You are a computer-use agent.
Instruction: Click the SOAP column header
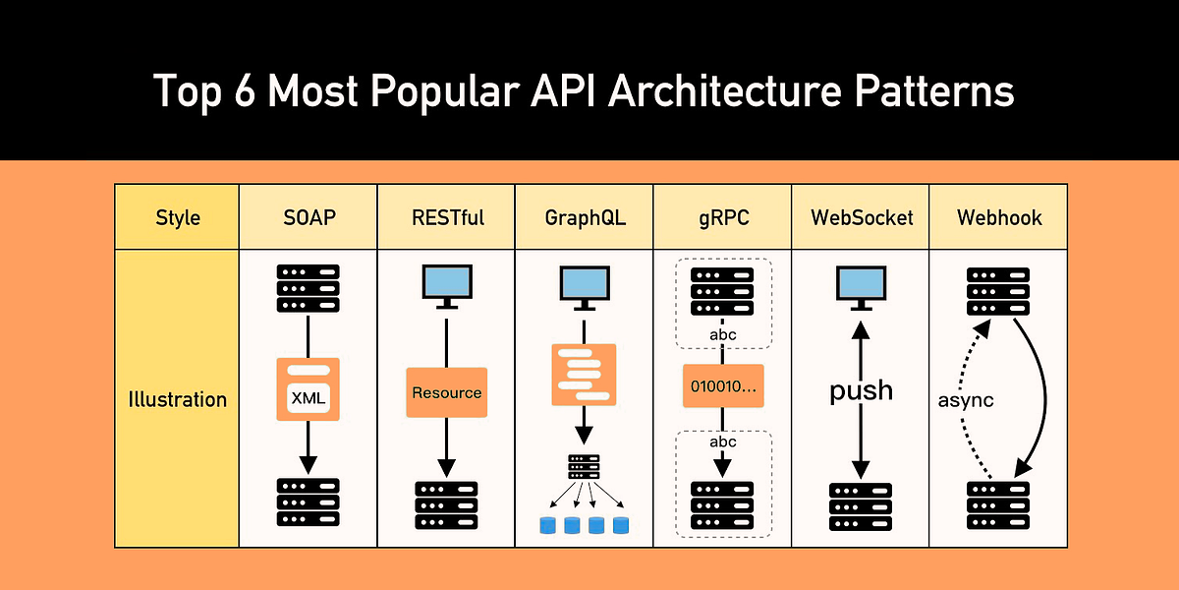(309, 217)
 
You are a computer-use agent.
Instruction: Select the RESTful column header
(447, 217)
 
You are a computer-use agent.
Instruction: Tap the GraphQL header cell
(585, 217)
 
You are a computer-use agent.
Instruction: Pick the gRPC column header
(722, 217)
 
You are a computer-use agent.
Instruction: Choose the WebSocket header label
(860, 217)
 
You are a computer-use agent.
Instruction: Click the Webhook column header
(998, 217)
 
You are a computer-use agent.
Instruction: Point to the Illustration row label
(177, 399)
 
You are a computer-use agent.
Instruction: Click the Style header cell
(177, 217)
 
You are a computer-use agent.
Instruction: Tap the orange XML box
(309, 389)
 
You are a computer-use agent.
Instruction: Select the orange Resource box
(447, 392)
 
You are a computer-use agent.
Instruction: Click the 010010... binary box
(723, 386)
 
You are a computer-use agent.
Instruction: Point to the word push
(861, 390)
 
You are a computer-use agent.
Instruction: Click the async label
(967, 400)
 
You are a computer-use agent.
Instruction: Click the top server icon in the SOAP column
(309, 288)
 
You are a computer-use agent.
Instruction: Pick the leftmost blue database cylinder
(547, 525)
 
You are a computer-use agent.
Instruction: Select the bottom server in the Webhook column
(998, 505)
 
